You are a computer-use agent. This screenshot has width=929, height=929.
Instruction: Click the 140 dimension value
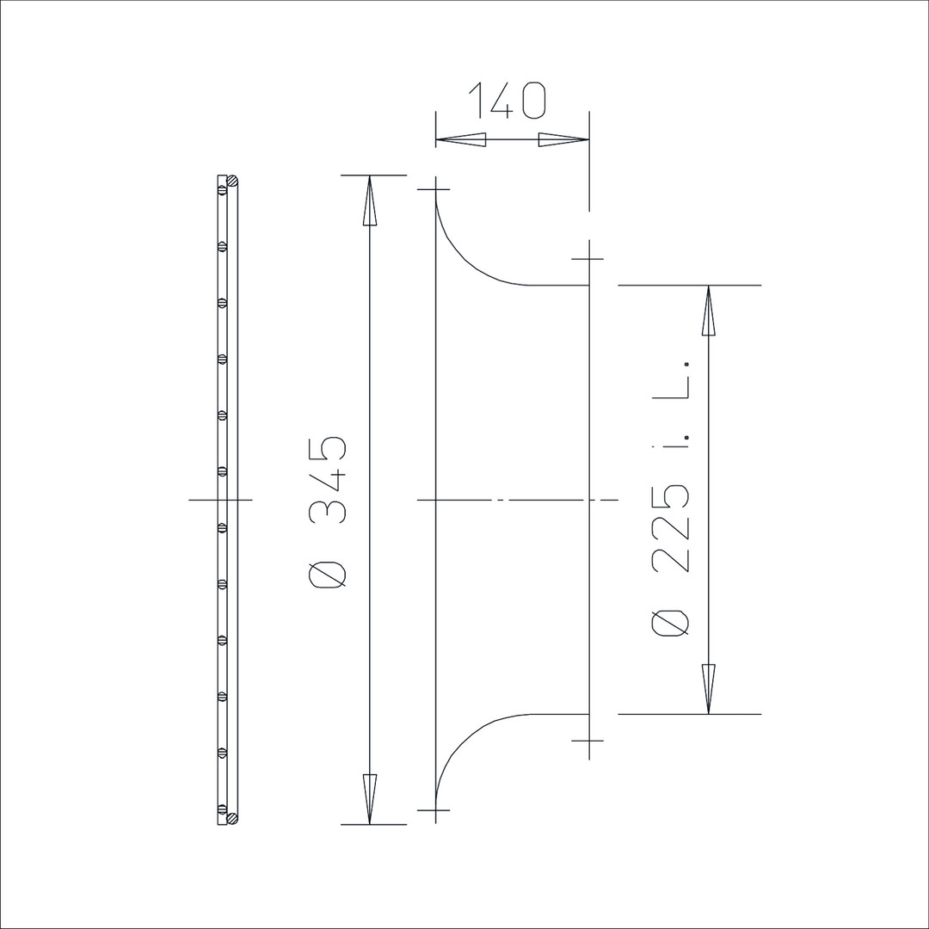click(x=508, y=100)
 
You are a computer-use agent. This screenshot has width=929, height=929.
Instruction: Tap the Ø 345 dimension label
click(x=328, y=513)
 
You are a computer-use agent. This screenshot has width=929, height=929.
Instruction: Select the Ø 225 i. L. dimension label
click(x=671, y=498)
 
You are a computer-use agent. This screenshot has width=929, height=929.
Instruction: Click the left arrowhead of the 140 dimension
click(x=461, y=140)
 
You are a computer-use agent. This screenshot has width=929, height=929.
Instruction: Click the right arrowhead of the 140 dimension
click(x=563, y=140)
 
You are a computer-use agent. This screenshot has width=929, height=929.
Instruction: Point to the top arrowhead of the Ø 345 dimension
click(x=370, y=200)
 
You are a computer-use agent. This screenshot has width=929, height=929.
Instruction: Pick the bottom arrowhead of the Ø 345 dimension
click(x=370, y=798)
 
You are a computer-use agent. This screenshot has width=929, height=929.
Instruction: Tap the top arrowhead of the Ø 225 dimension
click(x=709, y=311)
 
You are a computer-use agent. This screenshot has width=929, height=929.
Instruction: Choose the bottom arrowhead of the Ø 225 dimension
click(x=709, y=689)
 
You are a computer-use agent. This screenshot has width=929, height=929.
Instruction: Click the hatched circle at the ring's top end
click(x=233, y=180)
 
